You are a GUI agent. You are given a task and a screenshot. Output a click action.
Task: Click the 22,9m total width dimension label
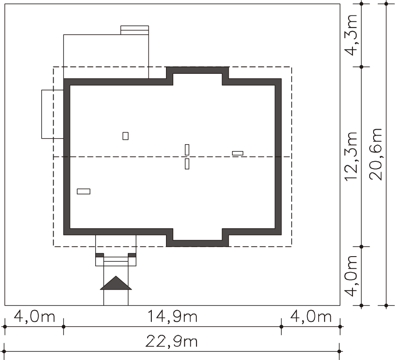tap(172, 342)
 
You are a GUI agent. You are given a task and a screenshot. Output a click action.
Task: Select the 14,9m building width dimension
tap(172, 316)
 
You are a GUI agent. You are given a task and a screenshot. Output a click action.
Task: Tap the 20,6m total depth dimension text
tap(376, 154)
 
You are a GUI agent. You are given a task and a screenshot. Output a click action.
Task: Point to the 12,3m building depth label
tap(351, 156)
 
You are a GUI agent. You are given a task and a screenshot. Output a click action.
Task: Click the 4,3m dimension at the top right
tap(351, 35)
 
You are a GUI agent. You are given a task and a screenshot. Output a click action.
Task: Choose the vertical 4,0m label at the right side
tap(351, 276)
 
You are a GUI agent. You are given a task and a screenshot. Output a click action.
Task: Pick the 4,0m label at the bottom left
tap(34, 316)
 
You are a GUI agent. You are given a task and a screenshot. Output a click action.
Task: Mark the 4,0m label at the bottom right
tap(311, 316)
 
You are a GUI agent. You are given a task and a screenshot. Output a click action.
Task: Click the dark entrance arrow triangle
tap(116, 283)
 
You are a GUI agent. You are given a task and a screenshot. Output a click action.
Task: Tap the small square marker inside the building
tap(126, 136)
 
